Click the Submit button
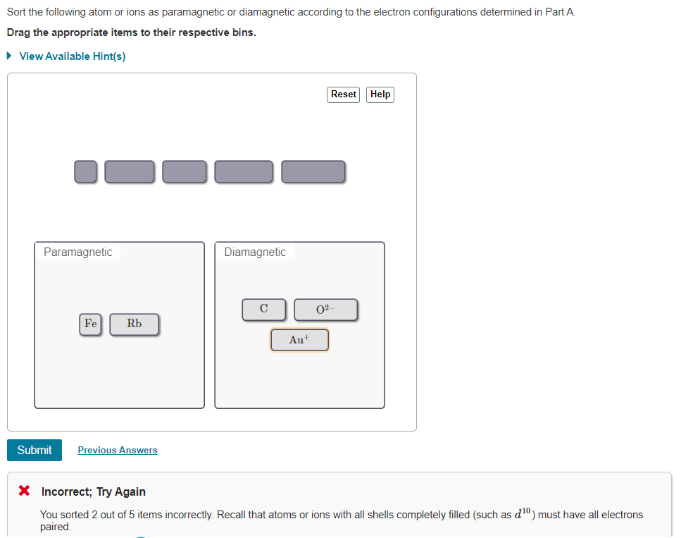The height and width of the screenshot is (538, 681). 35,450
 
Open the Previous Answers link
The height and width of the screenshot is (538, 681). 118,450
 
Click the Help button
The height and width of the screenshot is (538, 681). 380,94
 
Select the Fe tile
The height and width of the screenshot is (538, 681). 90,324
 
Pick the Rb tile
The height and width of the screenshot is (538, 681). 135,324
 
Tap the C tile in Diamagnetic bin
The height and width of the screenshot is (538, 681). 263,309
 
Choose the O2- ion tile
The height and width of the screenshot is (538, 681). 325,310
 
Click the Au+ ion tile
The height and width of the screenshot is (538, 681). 299,340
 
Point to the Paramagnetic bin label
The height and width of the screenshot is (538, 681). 77,252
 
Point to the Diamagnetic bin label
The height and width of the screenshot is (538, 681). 255,252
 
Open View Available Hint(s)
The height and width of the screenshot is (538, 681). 73,56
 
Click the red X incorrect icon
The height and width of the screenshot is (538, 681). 25,491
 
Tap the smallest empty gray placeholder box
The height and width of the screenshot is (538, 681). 85,171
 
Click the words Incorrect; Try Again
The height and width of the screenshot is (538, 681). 94,491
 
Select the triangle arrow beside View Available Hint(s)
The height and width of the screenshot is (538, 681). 9,56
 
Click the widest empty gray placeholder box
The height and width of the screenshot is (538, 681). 313,171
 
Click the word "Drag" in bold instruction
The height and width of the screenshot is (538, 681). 19,32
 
